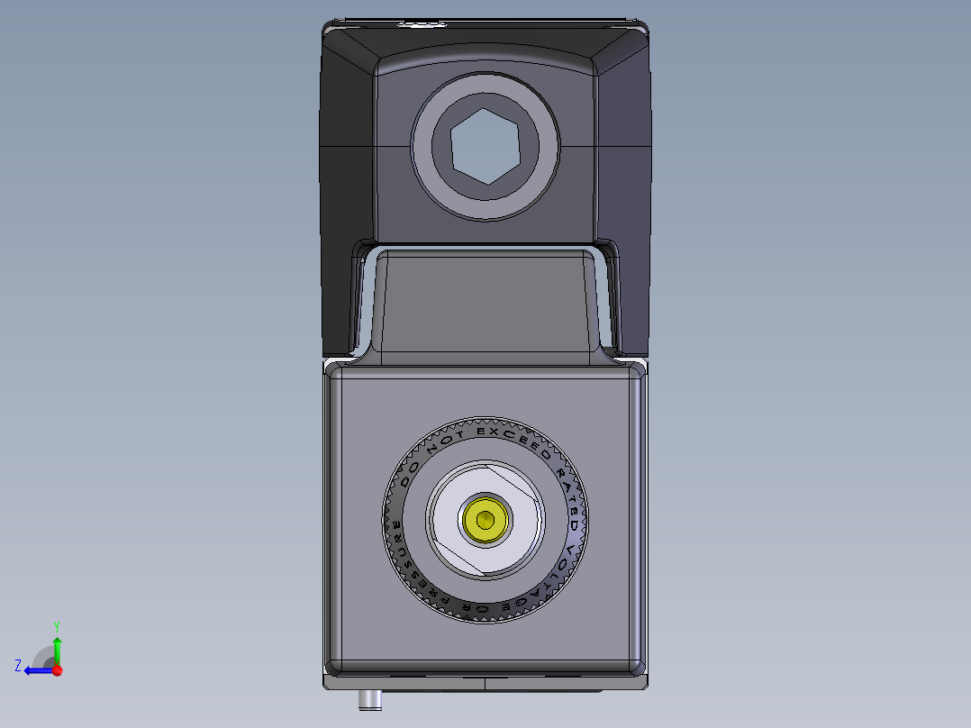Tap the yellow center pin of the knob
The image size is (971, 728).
(486, 520)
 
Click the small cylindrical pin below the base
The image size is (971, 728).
(368, 700)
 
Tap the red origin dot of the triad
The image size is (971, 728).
(57, 670)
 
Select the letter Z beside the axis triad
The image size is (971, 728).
(18, 665)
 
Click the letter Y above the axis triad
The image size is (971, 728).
(57, 625)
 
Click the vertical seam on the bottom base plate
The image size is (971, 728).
(485, 683)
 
